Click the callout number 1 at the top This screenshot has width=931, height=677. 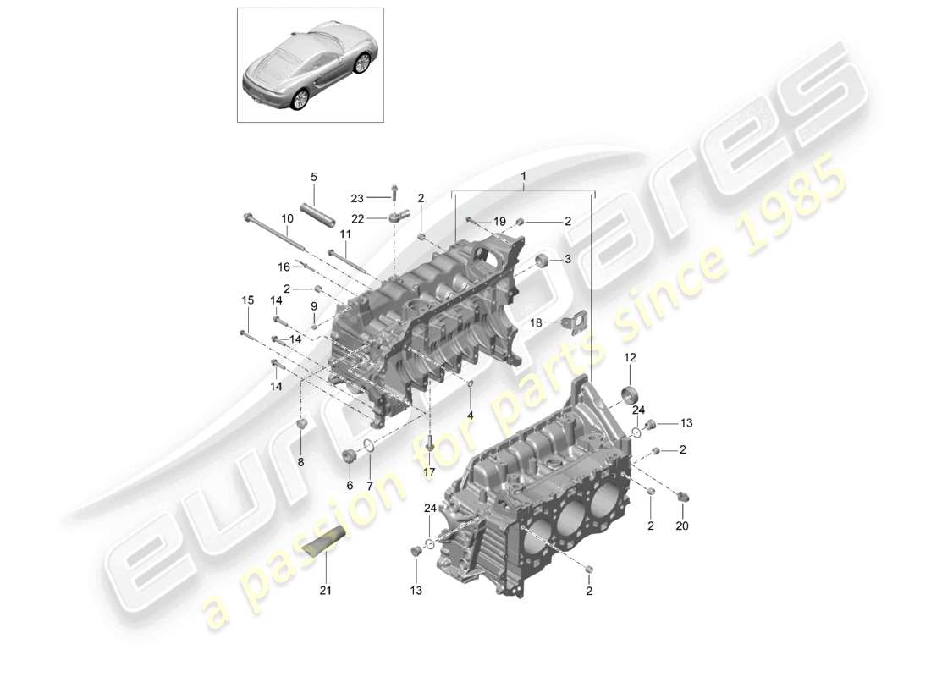pos(524,177)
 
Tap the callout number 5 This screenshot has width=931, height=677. pos(313,177)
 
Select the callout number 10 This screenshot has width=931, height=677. pos(288,218)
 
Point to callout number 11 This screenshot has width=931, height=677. pos(344,234)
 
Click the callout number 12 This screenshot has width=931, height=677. pos(630,359)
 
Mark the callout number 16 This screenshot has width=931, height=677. pos(284,267)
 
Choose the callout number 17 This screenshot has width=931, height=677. pos(429,471)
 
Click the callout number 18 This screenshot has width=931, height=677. pos(536,322)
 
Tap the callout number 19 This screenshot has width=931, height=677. pos(499,222)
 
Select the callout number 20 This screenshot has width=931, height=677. pos(682,526)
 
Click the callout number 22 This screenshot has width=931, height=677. pos(357,218)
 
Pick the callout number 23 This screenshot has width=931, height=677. pos(357,198)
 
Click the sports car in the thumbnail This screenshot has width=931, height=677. pos(310,66)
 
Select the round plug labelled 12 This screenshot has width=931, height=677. pos(631,396)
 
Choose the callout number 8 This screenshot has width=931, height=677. pos(299,462)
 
